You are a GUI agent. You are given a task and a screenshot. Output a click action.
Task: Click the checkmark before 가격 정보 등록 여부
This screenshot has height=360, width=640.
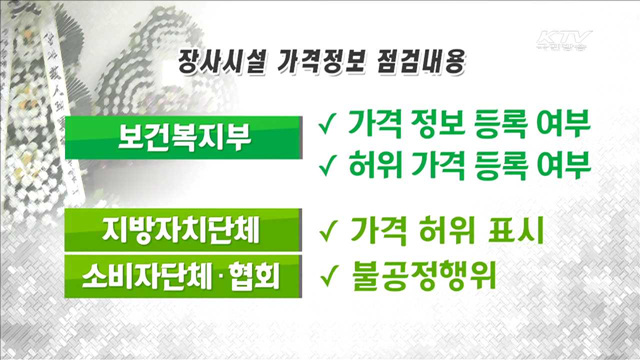[326, 125]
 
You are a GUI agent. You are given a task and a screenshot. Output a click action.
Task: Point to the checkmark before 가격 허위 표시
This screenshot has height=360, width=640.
[326, 231]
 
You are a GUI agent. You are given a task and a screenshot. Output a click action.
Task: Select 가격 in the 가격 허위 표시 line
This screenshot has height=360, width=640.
[376, 231]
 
